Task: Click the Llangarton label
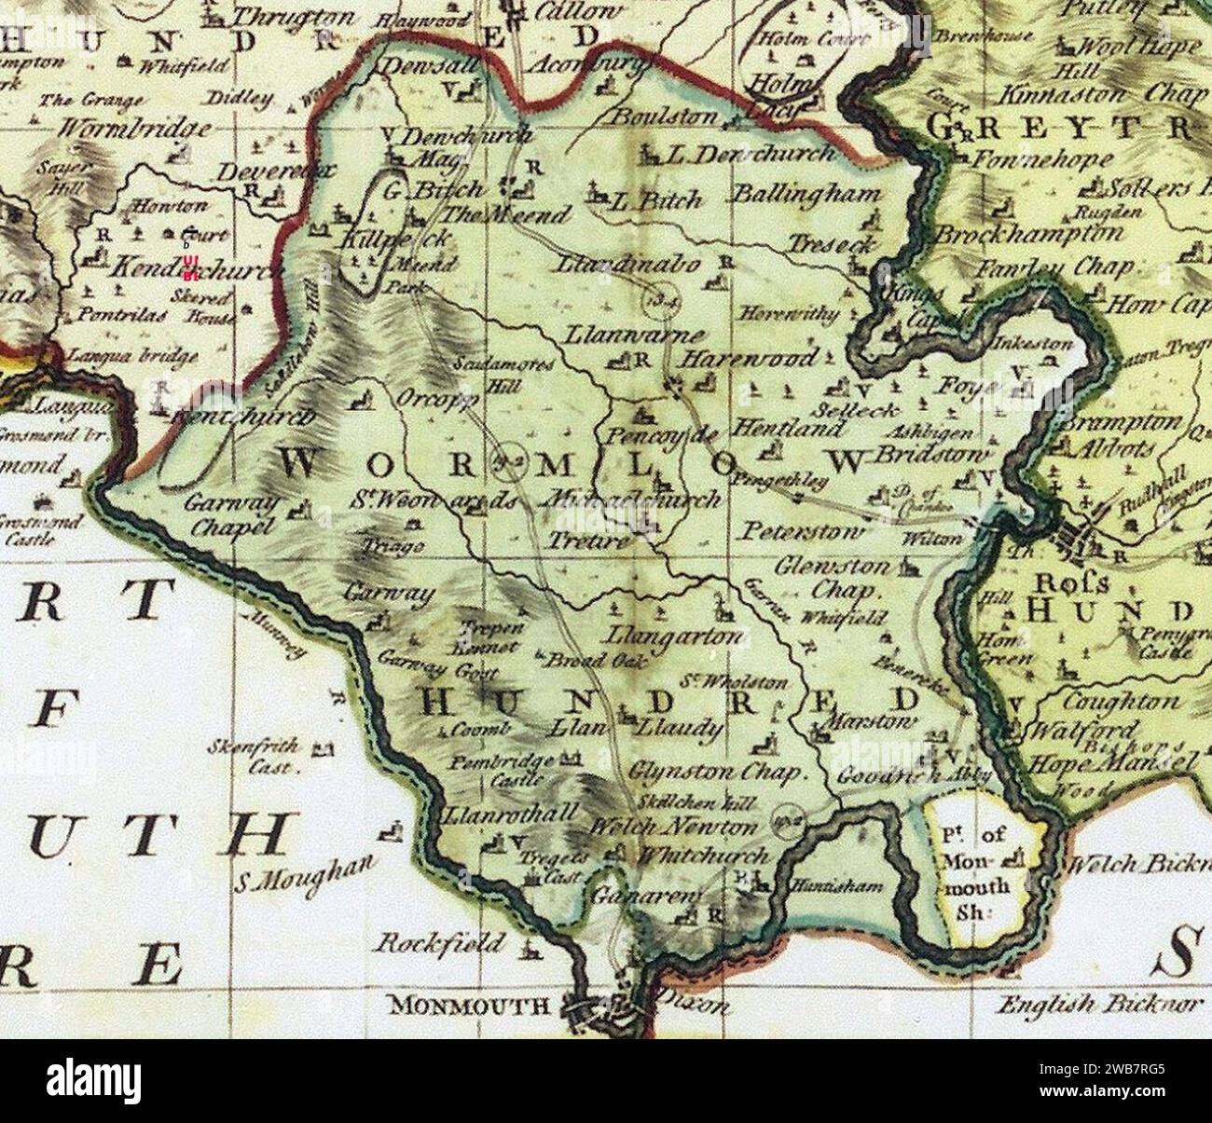point(675,637)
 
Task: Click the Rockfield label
point(439,942)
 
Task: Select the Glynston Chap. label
point(715,773)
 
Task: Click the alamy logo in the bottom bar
point(94,1079)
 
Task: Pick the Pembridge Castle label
point(494,770)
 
